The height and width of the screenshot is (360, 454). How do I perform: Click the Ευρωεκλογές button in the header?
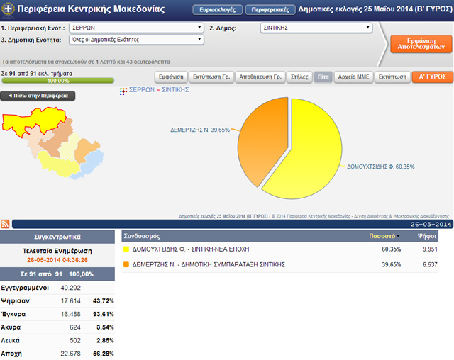click(x=217, y=11)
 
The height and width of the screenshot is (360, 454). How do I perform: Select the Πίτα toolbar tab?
click(x=323, y=77)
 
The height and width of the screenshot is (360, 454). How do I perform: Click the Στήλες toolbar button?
click(x=299, y=77)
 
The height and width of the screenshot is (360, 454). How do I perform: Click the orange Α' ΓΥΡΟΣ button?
click(x=431, y=77)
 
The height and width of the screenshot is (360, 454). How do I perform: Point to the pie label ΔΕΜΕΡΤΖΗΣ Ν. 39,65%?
click(x=200, y=130)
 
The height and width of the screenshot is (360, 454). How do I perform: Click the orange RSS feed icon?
click(x=6, y=224)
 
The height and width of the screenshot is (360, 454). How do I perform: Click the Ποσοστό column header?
click(x=384, y=235)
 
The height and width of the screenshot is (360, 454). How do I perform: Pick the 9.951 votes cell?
click(x=427, y=249)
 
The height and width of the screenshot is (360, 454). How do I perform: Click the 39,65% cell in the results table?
click(x=391, y=264)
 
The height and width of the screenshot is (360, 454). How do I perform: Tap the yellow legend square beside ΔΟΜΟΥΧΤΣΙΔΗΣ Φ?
click(x=126, y=249)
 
